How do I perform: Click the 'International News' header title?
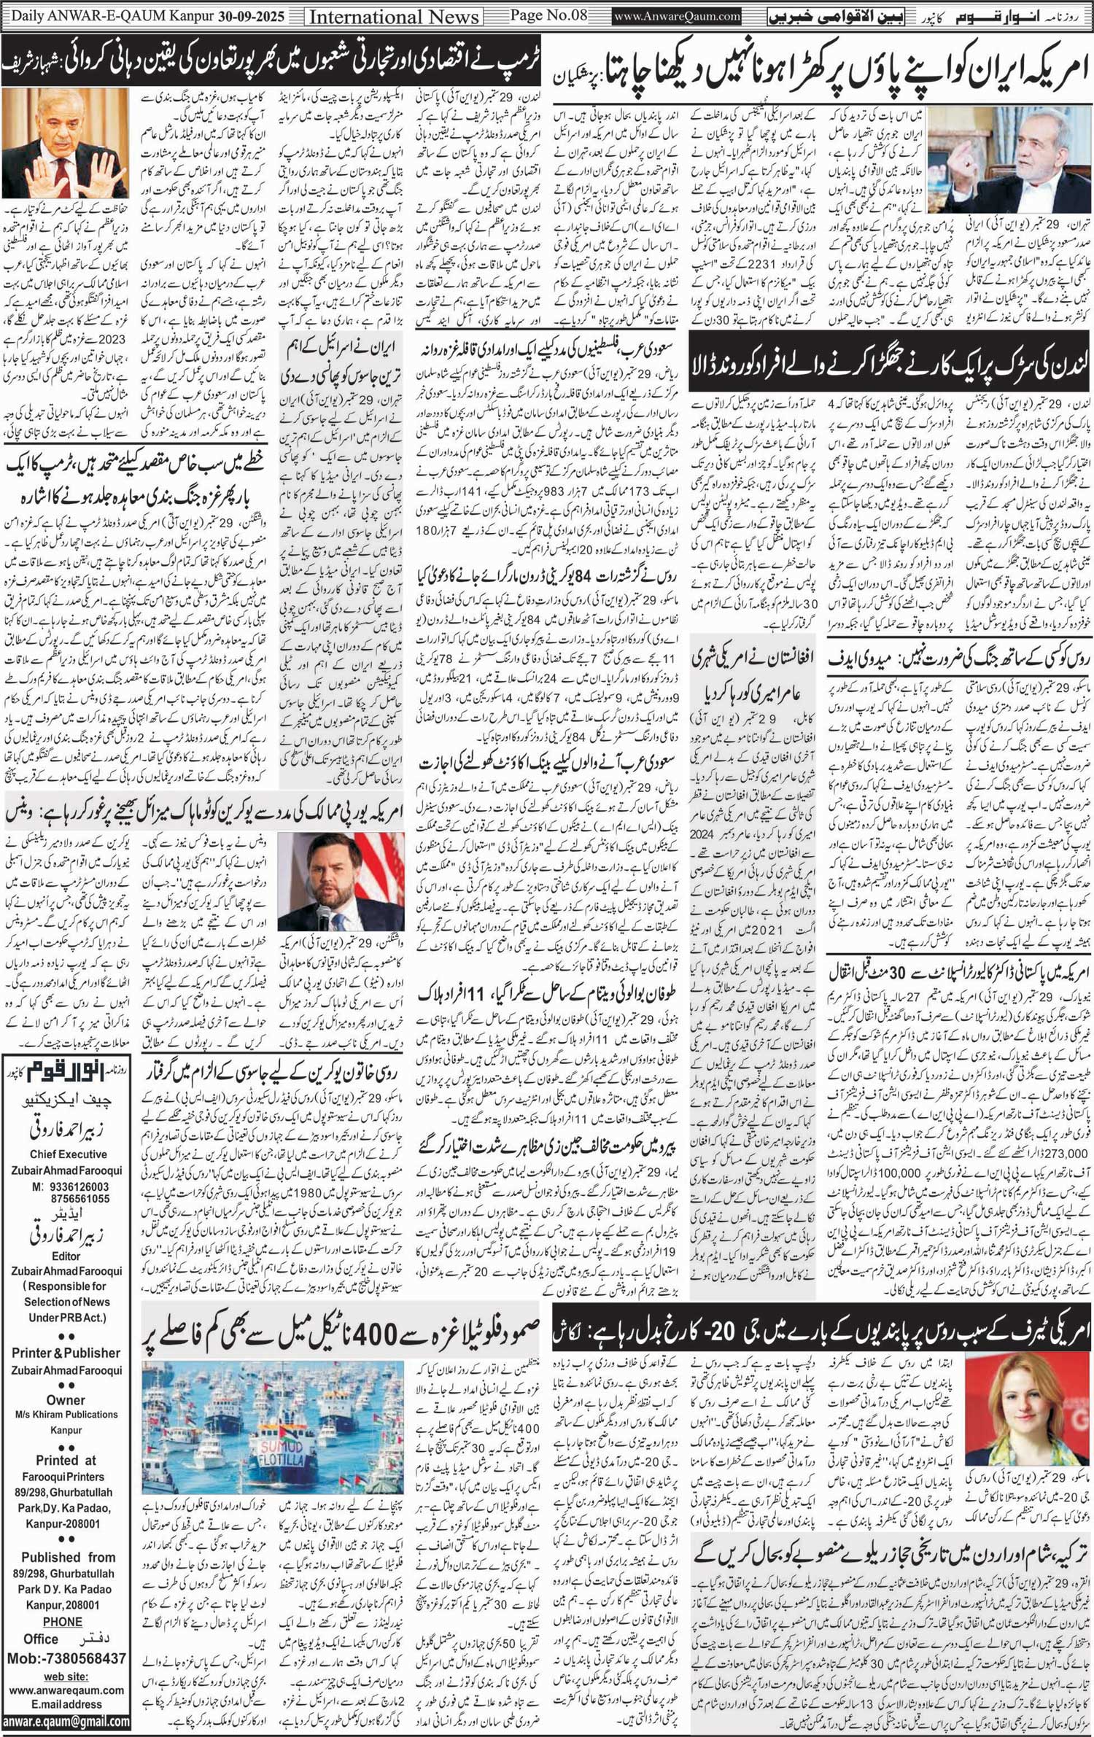(395, 15)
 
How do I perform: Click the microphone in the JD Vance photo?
(322, 914)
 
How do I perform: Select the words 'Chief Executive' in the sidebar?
(69, 1154)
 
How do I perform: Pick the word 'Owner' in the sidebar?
(66, 1400)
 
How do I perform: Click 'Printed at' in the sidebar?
(66, 1461)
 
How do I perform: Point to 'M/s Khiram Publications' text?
(66, 1415)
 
